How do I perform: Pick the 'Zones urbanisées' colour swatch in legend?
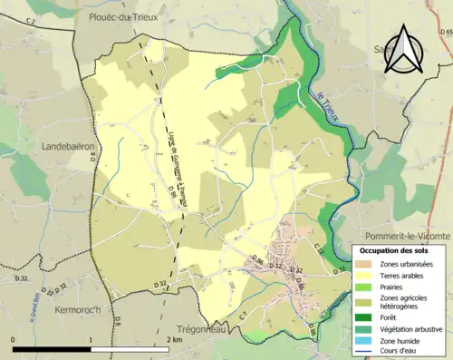(x=365, y=263)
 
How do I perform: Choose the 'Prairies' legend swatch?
(x=365, y=286)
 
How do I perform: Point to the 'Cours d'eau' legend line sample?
(x=365, y=353)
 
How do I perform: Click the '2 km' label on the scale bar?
(x=175, y=339)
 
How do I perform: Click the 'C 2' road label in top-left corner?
(x=30, y=19)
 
